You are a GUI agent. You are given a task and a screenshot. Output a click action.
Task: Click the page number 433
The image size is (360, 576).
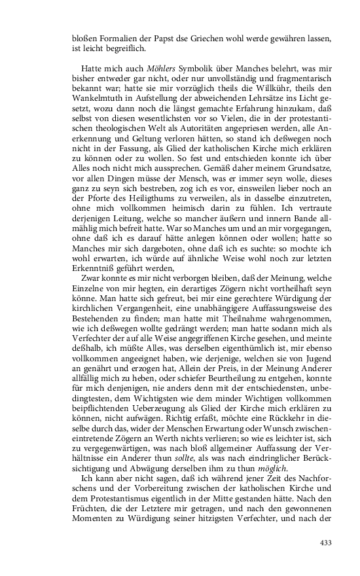[325, 542]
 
